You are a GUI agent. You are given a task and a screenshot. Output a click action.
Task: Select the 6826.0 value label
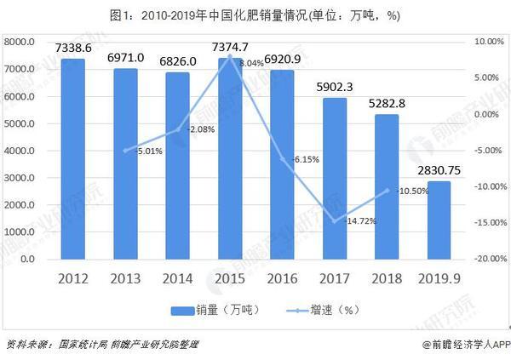[177, 61]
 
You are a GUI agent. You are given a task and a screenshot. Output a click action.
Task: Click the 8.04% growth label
[251, 63]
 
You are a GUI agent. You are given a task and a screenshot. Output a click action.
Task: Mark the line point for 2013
[125, 151]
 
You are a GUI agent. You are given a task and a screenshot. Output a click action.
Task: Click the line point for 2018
[388, 190]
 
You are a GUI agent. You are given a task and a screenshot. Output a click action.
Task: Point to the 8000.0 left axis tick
[19, 41]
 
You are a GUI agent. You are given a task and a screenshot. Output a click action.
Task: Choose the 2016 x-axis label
[283, 277]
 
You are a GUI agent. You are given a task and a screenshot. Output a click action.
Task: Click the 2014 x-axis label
[177, 277]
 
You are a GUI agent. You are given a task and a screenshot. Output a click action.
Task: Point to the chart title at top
[255, 14]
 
